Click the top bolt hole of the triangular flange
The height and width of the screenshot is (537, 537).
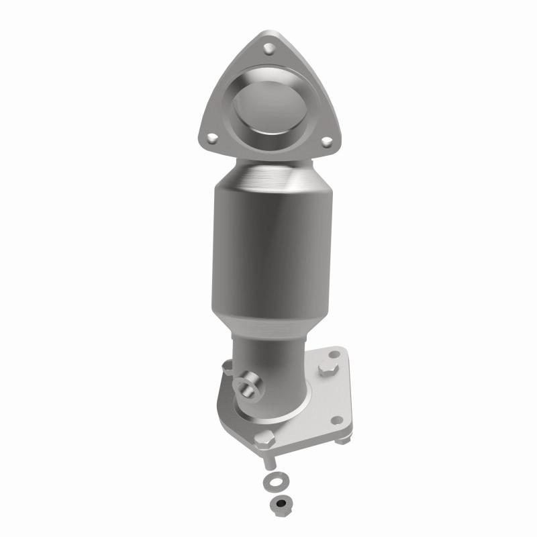pyautogui.click(x=269, y=48)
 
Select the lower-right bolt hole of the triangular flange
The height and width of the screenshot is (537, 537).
pyautogui.click(x=326, y=142)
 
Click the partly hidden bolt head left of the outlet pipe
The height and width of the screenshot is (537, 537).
pyautogui.click(x=227, y=369)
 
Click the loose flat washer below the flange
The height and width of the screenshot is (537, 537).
pyautogui.click(x=273, y=481)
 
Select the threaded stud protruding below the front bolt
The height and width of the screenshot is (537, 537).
pyautogui.click(x=268, y=462)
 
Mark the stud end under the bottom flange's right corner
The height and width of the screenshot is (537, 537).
pyautogui.click(x=342, y=440)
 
